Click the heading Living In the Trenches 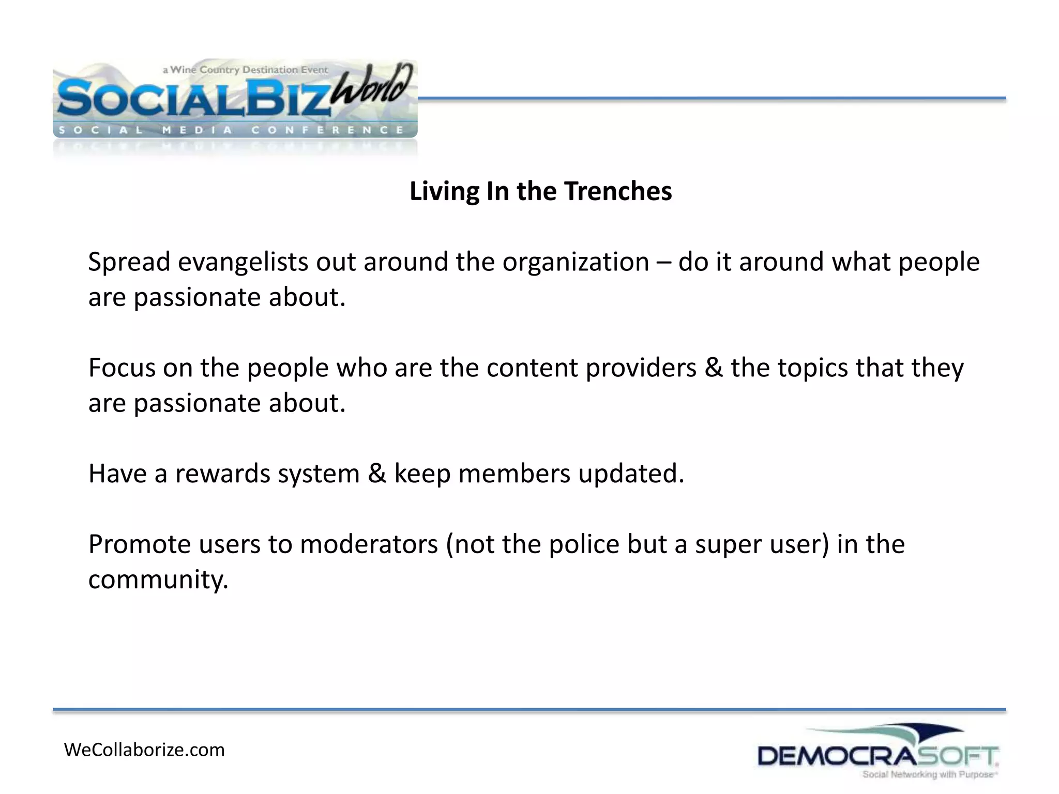pos(540,191)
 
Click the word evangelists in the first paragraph pos(243,262)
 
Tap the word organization pos(576,262)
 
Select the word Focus pos(122,368)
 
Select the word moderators pos(369,544)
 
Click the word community pos(158,580)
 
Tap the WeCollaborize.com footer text pos(144,750)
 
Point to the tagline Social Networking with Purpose pos(929,774)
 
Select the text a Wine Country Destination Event pos(245,70)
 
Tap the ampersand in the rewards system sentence pos(376,474)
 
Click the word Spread pos(129,262)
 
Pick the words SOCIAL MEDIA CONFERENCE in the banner pos(231,130)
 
